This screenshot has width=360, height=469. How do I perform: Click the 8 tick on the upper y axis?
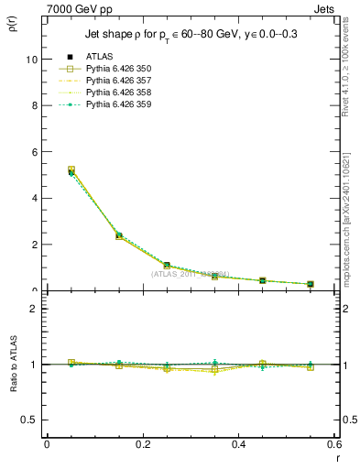click(33, 105)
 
